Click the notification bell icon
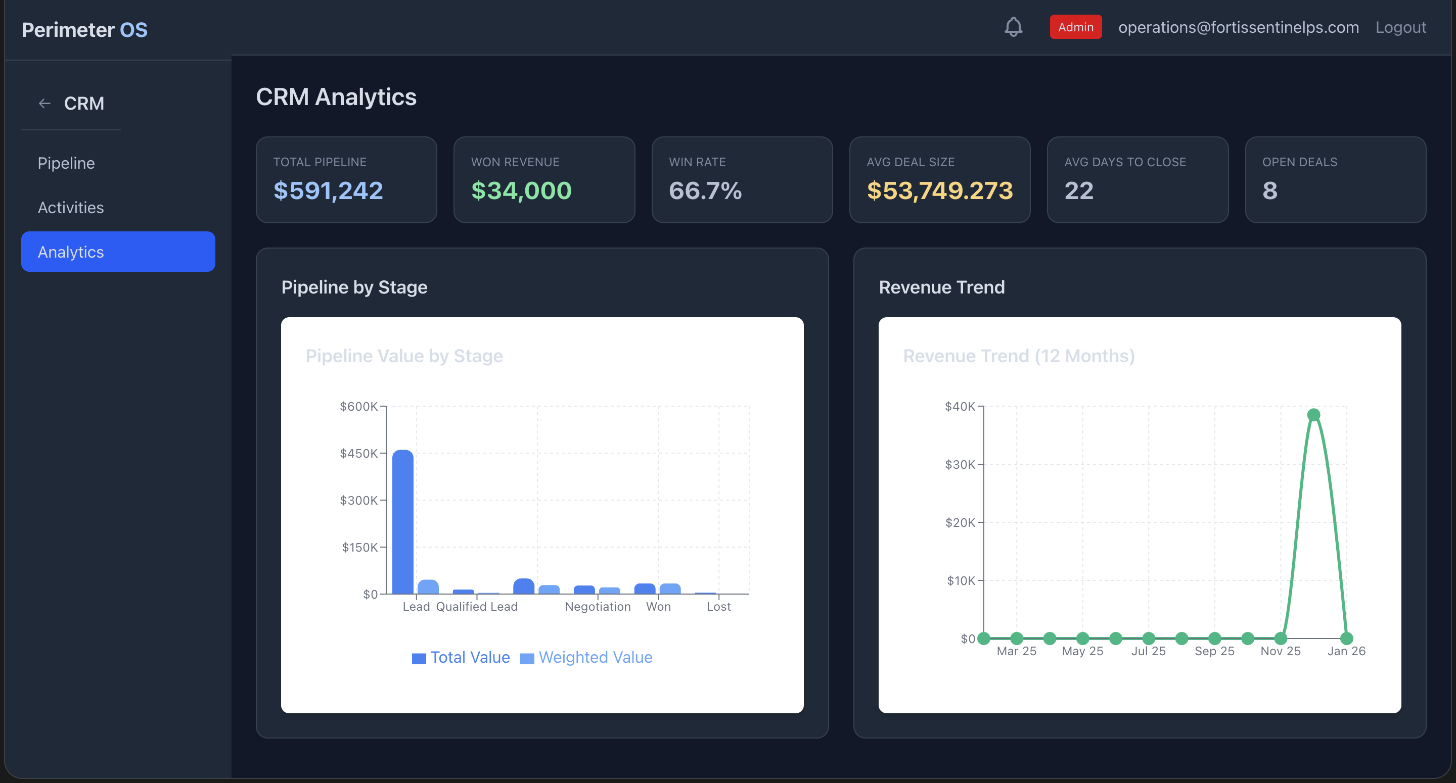click(x=1013, y=27)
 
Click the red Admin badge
click(x=1075, y=27)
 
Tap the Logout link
click(x=1400, y=27)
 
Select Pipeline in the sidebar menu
click(x=66, y=163)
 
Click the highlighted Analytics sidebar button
click(x=118, y=252)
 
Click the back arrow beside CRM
click(x=44, y=104)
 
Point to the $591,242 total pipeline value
click(x=328, y=190)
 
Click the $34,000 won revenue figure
click(x=521, y=190)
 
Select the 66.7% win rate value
click(x=705, y=190)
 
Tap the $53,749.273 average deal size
click(x=939, y=190)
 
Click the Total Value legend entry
click(x=461, y=657)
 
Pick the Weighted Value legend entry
click(x=586, y=657)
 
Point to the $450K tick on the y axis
click(x=359, y=453)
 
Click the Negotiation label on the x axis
click(x=598, y=606)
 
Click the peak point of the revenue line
click(x=1313, y=415)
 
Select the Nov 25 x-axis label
click(x=1280, y=651)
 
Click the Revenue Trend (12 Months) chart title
click(x=1019, y=356)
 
